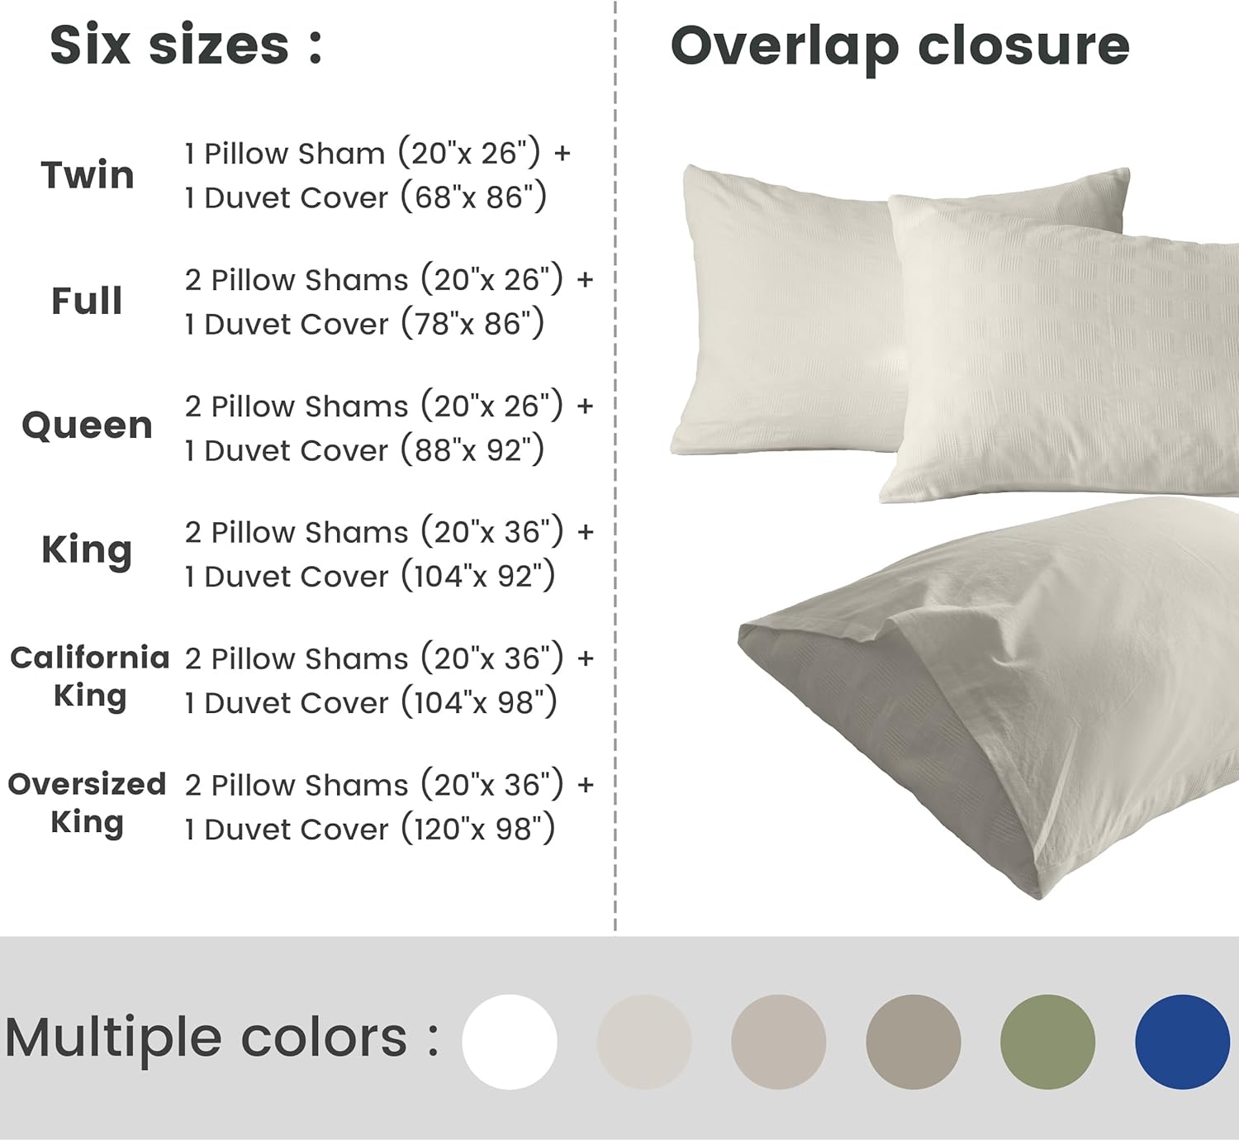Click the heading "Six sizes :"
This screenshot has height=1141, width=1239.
[x=186, y=45]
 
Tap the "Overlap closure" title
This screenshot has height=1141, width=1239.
[x=900, y=45]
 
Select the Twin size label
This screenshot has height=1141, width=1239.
[x=88, y=175]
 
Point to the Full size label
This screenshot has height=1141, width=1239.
[x=87, y=301]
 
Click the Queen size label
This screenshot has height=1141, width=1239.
[x=88, y=425]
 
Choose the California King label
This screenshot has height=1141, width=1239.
[x=89, y=676]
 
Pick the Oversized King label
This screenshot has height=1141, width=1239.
[x=88, y=802]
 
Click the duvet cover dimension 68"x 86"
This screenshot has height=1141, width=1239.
[x=474, y=197]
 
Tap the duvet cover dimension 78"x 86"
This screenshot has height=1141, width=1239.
[x=473, y=324]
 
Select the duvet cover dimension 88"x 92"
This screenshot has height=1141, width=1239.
[x=473, y=450]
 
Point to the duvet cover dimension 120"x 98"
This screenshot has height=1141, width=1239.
[x=478, y=829]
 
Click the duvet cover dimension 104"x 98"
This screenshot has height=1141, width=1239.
[x=479, y=702]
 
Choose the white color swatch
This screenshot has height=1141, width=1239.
[x=510, y=1042]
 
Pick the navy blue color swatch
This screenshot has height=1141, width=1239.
[x=1182, y=1042]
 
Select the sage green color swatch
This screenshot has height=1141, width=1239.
[x=1047, y=1042]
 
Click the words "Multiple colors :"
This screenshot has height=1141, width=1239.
[x=221, y=1038]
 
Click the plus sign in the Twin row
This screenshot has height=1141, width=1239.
[x=563, y=154]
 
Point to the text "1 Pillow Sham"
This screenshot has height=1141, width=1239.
[x=285, y=154]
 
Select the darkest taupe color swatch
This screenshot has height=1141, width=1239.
[x=913, y=1042]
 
